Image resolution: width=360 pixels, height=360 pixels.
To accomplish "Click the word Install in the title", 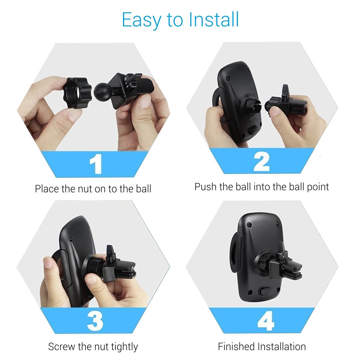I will (214, 20).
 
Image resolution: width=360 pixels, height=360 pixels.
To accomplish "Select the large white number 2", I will (262, 161).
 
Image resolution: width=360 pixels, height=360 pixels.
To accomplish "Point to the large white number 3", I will (95, 320).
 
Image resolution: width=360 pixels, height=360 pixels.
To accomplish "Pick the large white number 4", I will (265, 320).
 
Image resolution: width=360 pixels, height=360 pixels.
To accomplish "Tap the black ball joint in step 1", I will (103, 91).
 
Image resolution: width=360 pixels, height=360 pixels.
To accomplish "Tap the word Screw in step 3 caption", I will (62, 347).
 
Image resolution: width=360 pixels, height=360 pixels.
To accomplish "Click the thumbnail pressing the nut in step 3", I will (92, 280).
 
